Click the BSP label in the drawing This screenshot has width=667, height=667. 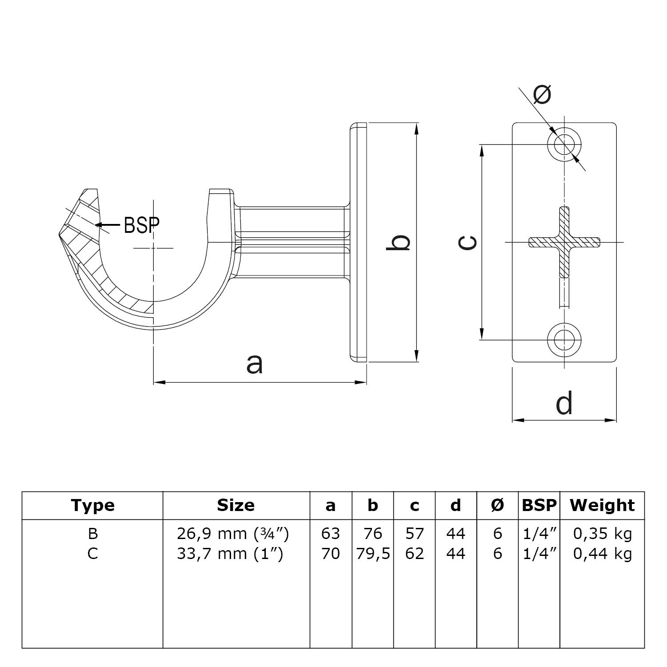pyautogui.click(x=141, y=225)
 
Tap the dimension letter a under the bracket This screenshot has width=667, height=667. pyautogui.click(x=255, y=364)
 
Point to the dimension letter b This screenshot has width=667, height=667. pyautogui.click(x=398, y=243)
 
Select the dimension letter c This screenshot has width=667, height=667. pyautogui.click(x=468, y=243)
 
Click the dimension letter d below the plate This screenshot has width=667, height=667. pyautogui.click(x=564, y=403)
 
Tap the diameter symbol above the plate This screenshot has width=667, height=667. pyautogui.click(x=542, y=94)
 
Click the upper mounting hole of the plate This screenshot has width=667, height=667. pyautogui.click(x=564, y=144)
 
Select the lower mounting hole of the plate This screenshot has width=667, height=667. pyautogui.click(x=564, y=340)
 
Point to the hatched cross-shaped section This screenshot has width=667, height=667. pyautogui.click(x=564, y=242)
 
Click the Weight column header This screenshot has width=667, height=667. pyautogui.click(x=602, y=505)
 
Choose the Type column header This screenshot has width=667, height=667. pyautogui.click(x=92, y=505)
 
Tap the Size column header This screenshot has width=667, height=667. pyautogui.click(x=236, y=505)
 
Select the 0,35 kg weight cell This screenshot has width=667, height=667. pyautogui.click(x=602, y=533)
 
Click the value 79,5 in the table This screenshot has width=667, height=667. pyautogui.click(x=373, y=554)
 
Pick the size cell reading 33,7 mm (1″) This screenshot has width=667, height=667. pyautogui.click(x=230, y=554)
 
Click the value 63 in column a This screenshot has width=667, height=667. pyautogui.click(x=330, y=533)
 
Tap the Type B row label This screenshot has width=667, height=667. pyautogui.click(x=92, y=533)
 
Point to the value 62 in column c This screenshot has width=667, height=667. pyautogui.click(x=414, y=554)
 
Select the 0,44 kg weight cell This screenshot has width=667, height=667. pyautogui.click(x=602, y=554)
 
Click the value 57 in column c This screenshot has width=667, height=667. pyautogui.click(x=414, y=533)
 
